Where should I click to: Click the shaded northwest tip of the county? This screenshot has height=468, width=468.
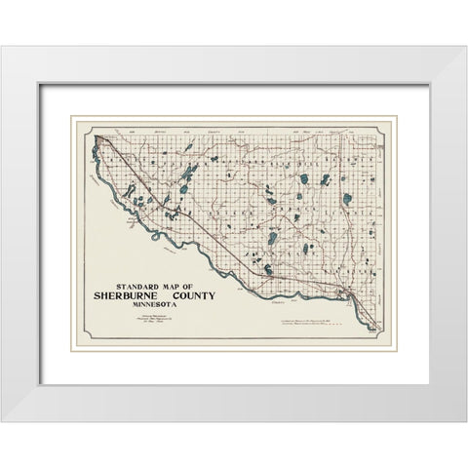click(x=98, y=143)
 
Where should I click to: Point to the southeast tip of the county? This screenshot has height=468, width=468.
click(x=374, y=330)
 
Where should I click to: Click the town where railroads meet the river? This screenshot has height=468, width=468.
click(x=340, y=292)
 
